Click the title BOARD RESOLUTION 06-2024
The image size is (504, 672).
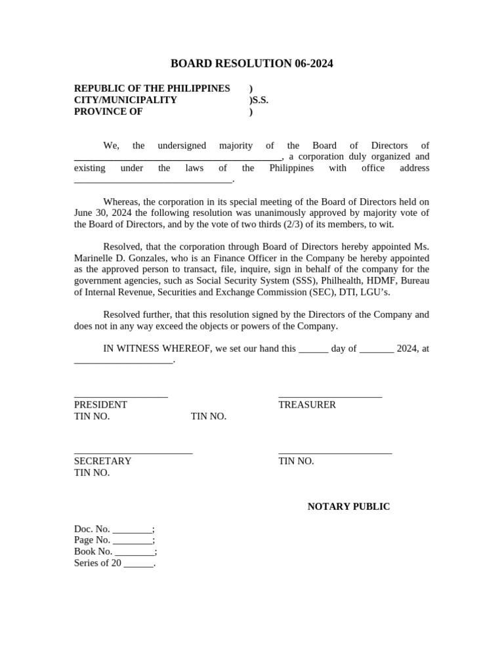(252, 64)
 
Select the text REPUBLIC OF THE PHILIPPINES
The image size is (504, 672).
(152, 89)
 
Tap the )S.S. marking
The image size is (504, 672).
(259, 100)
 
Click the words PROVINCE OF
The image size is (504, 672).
(108, 112)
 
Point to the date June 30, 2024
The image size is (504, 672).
(100, 213)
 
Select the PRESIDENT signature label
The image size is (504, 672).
(100, 405)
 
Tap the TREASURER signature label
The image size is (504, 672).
(307, 405)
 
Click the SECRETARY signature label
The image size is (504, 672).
(102, 461)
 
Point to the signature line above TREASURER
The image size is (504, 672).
(330, 396)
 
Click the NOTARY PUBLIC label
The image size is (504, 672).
(348, 507)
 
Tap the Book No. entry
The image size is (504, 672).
(115, 552)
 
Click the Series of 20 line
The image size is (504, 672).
(114, 563)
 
